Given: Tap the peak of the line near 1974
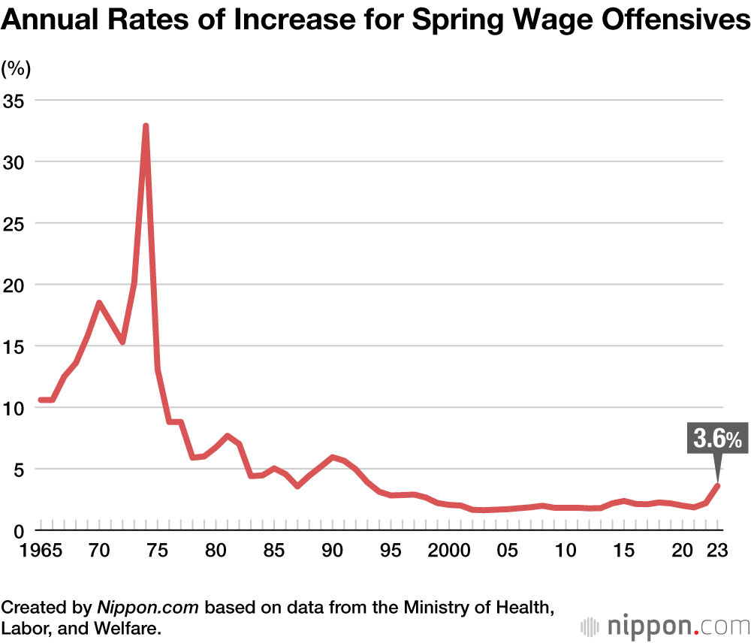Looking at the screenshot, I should pos(146,126).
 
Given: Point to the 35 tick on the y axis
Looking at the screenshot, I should pos(15,100).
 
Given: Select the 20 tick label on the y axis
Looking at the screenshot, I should pos(15,285).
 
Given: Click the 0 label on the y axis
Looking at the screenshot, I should pos(20,530).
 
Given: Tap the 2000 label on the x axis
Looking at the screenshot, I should pos(450,550).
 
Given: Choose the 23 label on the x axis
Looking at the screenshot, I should pos(717,550).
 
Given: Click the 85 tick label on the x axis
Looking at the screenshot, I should pos(274,550).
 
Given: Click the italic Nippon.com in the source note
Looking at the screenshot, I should pos(147,606).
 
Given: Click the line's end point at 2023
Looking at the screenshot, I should pos(717,486).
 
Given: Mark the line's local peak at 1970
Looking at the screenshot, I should pos(98,303).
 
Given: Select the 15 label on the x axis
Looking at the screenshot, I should pos(623,550).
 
